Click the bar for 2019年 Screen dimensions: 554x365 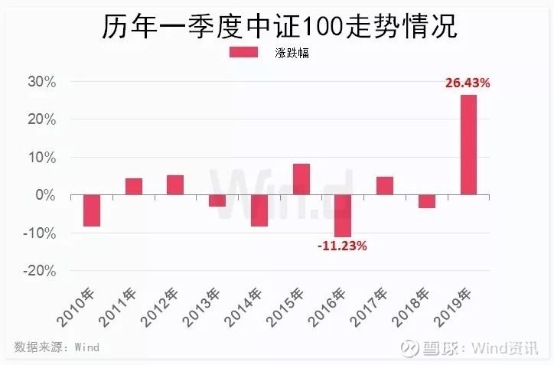tap(468, 145)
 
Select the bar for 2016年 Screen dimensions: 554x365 tap(343, 216)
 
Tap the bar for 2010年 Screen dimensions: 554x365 tap(92, 210)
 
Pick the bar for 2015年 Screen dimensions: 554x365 tap(301, 179)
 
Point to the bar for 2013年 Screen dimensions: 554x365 tap(217, 200)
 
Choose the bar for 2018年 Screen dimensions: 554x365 tap(427, 201)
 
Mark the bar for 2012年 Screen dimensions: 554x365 tap(175, 185)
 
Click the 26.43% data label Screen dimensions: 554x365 tap(468, 83)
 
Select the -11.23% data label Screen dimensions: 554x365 tap(342, 246)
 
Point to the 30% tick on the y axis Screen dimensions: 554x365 tap(41, 82)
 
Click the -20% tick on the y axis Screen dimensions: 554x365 tap(40, 272)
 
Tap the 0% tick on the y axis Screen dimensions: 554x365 tap(46, 195)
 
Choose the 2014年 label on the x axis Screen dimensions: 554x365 tap(244, 307)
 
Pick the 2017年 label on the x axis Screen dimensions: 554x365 tap(370, 307)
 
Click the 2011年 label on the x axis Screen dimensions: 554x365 tap(119, 307)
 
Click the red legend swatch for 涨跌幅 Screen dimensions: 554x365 tap(243, 52)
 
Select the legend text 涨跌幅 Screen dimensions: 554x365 tap(292, 53)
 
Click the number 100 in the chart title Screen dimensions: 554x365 tap(322, 27)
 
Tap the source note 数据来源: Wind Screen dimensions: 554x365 tap(57, 347)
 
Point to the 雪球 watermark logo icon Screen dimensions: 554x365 tap(410, 347)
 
